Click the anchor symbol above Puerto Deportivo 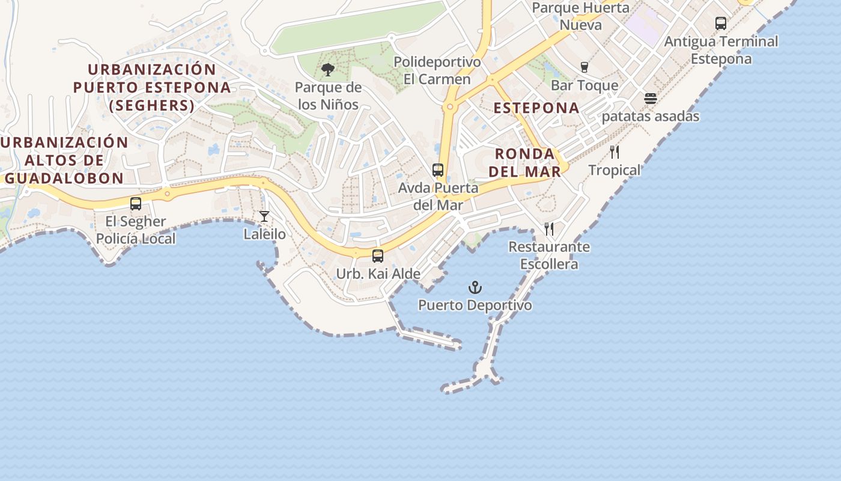coord(475,287)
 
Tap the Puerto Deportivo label coord(475,305)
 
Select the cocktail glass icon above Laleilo coord(264,216)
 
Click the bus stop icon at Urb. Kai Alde coord(377,256)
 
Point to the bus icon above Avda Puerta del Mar coord(438,170)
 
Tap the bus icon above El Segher coord(136,204)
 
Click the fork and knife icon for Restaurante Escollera coord(548,229)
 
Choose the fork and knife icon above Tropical coord(614,152)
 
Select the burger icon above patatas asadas coord(651,99)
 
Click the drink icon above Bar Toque coord(584,67)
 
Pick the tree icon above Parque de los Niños coord(327,70)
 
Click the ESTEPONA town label coord(536,108)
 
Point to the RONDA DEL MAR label coord(524,162)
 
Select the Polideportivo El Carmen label coord(437,70)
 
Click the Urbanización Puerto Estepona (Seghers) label coord(152,88)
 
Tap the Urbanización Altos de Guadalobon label coord(64,160)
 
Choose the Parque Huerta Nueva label coord(580,16)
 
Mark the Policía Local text coord(136,239)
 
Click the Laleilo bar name coord(264,234)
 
